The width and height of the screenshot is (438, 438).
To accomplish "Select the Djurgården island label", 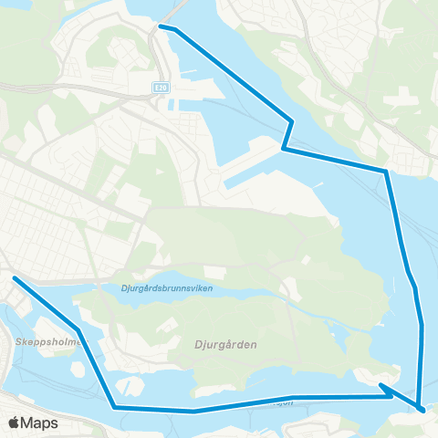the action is (225, 345).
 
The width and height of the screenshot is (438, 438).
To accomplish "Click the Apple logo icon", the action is (15, 423).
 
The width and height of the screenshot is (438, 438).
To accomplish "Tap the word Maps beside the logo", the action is (39, 423).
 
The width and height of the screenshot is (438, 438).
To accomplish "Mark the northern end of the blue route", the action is (161, 26).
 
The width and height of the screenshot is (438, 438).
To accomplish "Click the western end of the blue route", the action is (14, 276).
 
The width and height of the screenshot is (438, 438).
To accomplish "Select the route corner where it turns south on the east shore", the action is (386, 171).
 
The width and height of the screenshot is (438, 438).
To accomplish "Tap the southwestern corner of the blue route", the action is (114, 407).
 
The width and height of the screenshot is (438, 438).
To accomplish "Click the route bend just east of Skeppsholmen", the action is (78, 328).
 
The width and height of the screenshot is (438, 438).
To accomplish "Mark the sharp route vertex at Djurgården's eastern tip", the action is (381, 386).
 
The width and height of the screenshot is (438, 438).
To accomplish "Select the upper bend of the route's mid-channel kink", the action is (291, 120).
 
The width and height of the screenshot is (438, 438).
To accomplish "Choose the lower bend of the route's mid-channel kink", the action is (284, 148).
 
